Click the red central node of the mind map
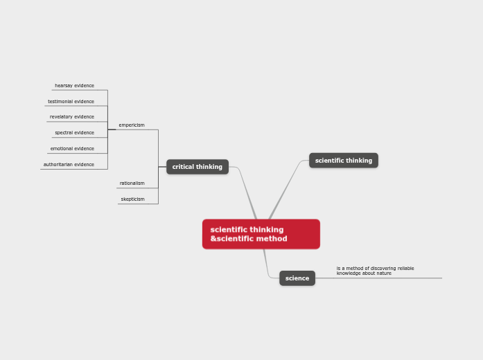point(261,234)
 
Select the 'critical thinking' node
point(197,167)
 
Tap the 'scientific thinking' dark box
point(343,161)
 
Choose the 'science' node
point(297,278)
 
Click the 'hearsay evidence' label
point(74,86)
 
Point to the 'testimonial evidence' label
point(71,102)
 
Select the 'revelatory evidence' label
point(72,117)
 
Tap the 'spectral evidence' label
point(74,133)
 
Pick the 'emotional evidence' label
point(72,149)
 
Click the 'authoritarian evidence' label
point(69,165)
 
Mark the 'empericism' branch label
point(132,125)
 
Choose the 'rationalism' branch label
point(132,183)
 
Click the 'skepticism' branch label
point(132,199)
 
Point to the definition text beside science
point(375,271)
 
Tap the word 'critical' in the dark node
point(183,167)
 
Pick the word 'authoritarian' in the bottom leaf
point(58,165)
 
